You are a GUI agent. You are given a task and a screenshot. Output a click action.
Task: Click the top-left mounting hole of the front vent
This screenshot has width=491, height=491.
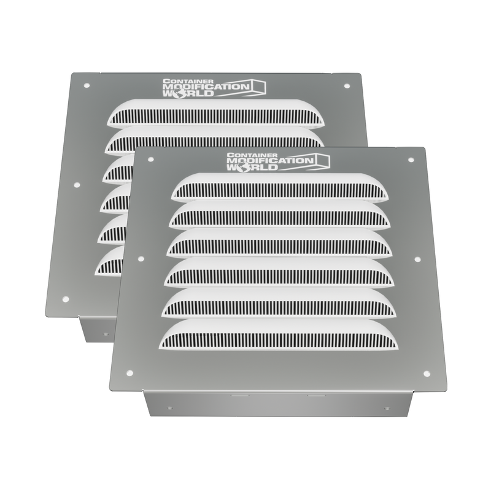click(150, 160)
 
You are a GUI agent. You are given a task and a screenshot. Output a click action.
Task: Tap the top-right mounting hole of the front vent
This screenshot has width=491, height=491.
click(411, 160)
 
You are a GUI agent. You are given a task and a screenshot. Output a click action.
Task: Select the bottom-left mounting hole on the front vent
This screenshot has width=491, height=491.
click(130, 373)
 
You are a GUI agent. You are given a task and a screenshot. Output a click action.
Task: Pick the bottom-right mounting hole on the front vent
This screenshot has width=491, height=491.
click(427, 374)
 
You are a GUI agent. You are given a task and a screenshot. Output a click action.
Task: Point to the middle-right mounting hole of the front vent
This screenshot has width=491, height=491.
click(417, 259)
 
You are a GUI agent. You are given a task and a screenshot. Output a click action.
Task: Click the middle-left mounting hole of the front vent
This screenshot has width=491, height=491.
click(141, 259)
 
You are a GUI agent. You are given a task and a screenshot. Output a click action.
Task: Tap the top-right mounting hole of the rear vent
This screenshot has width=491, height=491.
click(347, 86)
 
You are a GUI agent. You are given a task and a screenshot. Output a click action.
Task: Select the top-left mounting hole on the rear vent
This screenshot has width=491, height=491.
click(87, 85)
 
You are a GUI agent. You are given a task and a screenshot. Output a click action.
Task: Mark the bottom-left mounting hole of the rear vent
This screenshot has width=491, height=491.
click(66, 299)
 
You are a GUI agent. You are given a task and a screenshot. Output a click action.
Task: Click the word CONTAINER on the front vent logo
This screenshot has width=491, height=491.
click(252, 155)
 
